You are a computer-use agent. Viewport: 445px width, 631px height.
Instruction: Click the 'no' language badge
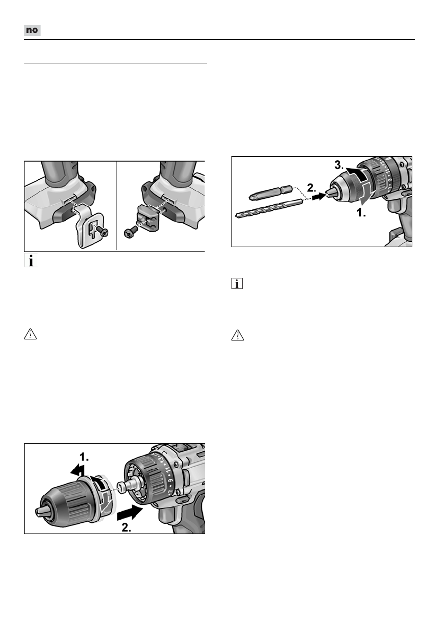[x=32, y=30]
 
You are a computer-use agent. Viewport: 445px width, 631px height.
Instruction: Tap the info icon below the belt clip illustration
[x=31, y=261]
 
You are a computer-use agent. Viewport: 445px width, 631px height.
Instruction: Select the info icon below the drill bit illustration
[x=237, y=284]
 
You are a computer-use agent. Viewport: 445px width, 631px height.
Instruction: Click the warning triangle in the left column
[x=31, y=334]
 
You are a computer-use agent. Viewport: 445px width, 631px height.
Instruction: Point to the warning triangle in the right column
[x=238, y=335]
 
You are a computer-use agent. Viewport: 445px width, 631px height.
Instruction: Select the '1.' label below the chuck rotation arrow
[x=361, y=213]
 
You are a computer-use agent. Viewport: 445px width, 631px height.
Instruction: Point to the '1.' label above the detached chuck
[x=84, y=457]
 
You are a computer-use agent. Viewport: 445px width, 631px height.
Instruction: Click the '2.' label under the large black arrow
[x=126, y=528]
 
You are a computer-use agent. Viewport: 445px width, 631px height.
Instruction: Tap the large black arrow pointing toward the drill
[x=130, y=513]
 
